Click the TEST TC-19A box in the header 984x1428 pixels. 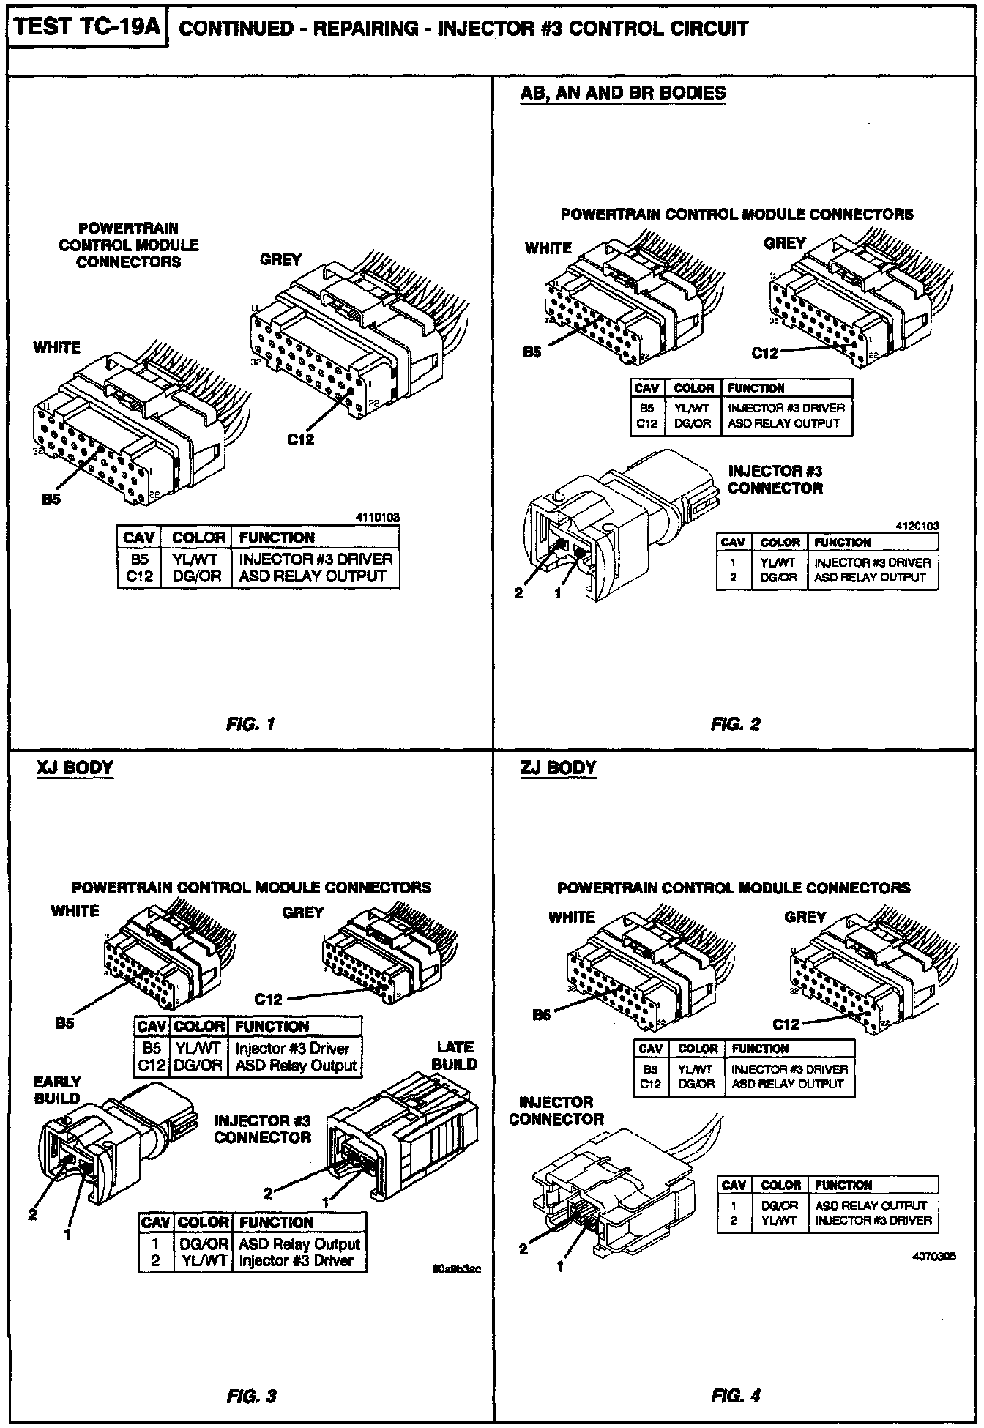click(88, 29)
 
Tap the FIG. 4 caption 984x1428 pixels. click(736, 1396)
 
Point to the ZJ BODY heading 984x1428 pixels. click(559, 768)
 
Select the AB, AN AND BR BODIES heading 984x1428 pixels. click(622, 94)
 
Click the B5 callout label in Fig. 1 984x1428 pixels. click(51, 500)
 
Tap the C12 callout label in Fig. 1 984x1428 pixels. click(300, 439)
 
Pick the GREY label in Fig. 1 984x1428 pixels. click(280, 260)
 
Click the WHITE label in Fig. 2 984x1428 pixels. click(548, 248)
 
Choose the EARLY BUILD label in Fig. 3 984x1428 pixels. click(57, 1090)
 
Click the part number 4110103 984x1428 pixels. click(378, 517)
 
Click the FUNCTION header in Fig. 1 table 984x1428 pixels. click(277, 538)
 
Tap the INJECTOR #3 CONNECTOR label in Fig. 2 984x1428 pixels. click(775, 480)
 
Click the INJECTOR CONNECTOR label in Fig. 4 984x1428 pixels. click(556, 1110)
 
